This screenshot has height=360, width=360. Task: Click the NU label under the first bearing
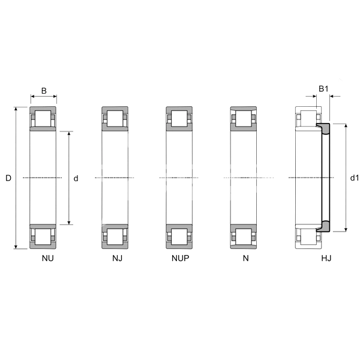pos(48,258)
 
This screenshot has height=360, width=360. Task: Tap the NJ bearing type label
pos(118,258)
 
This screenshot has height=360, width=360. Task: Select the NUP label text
pos(181,258)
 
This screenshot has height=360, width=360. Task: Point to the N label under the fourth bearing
pos(245,258)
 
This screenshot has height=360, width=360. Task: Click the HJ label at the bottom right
pos(326,258)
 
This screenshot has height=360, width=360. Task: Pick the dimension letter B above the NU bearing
pos(44,91)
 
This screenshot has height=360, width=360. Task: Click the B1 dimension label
pos(323,89)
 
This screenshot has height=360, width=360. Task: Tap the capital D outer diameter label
pos(8,178)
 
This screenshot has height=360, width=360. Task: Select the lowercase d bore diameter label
pos(76,178)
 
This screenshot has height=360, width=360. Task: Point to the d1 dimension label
pos(354,178)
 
